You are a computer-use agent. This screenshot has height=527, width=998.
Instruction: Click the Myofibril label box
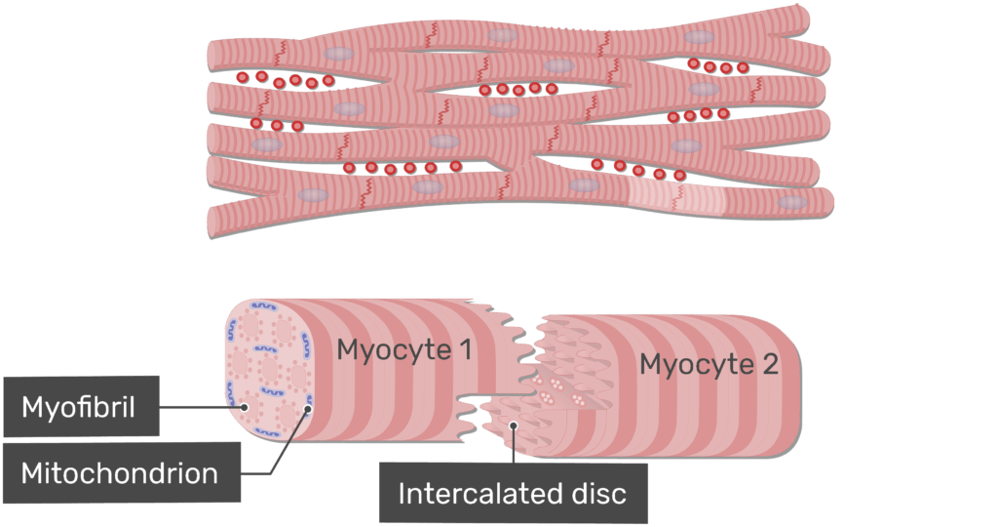81,406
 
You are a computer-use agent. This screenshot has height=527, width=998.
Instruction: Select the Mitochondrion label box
120,473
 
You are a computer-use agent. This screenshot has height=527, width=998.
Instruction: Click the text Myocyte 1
404,349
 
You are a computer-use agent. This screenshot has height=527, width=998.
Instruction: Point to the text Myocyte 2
709,365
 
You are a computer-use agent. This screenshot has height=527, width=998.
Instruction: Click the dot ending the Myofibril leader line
245,408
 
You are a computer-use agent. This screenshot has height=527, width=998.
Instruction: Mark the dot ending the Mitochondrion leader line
307,410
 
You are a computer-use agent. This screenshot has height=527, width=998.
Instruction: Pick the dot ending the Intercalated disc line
515,425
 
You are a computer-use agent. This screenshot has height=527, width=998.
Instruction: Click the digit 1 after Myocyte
466,349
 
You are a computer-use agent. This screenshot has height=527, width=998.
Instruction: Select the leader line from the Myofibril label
202,407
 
